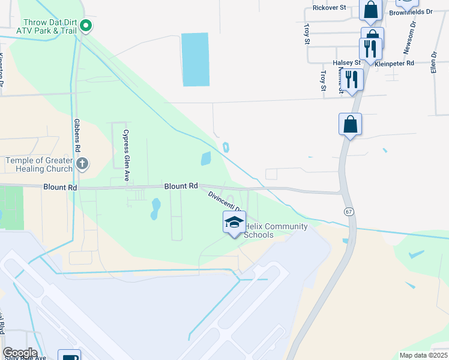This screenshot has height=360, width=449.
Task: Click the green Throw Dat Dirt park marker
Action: click(x=86, y=25)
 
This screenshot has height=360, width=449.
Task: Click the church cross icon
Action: click(x=83, y=163)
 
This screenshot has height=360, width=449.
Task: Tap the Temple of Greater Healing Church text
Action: click(x=39, y=164)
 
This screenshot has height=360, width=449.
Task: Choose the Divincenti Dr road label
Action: click(x=224, y=202)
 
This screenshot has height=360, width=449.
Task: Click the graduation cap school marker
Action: click(x=234, y=223)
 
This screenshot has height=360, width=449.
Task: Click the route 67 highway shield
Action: click(x=348, y=212)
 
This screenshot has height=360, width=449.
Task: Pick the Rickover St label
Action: click(x=330, y=8)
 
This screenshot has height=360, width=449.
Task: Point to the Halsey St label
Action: click(x=346, y=62)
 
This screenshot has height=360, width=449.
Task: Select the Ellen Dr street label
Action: click(x=433, y=62)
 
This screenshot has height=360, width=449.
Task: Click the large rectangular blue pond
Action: click(x=195, y=59)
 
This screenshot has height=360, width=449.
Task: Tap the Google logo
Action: click(x=20, y=353)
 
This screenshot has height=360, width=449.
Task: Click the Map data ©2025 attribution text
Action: click(x=423, y=355)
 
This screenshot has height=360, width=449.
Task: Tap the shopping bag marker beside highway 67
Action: click(x=350, y=124)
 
